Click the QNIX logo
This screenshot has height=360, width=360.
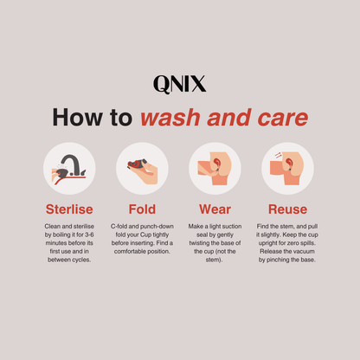[180, 84]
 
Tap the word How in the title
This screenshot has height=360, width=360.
[77, 118]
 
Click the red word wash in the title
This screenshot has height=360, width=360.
[170, 118]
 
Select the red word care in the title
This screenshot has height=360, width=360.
[282, 118]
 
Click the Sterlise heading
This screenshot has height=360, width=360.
[69, 209]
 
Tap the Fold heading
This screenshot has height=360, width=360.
[142, 209]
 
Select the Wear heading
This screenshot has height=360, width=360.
[215, 209]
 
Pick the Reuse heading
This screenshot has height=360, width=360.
[287, 209]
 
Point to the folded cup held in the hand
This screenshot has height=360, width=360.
[137, 164]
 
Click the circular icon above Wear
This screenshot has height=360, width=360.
[215, 169]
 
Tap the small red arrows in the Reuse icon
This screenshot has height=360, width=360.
[278, 155]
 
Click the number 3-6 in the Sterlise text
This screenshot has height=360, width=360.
[89, 235]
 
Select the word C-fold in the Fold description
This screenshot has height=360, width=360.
[119, 226]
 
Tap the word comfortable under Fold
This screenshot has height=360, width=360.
[130, 251]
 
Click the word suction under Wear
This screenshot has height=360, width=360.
[232, 226]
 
